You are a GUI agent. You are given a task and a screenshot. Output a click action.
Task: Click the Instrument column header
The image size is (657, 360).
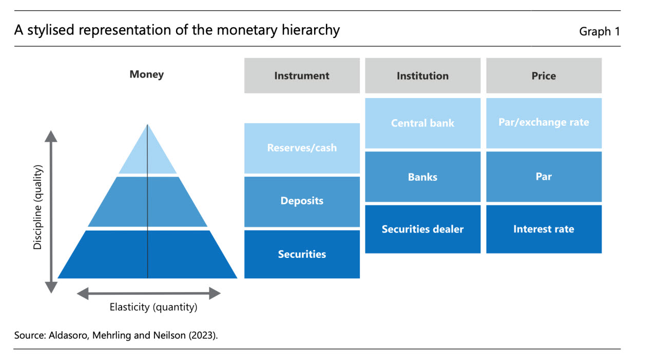pyautogui.click(x=302, y=75)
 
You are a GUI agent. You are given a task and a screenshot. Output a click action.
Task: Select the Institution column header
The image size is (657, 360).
pyautogui.click(x=422, y=75)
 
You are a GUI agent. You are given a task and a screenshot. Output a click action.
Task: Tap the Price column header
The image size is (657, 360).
pyautogui.click(x=544, y=75)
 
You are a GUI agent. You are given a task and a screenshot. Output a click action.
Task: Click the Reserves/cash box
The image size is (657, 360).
pyautogui.click(x=302, y=148)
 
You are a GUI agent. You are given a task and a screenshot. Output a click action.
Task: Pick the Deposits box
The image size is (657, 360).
pyautogui.click(x=302, y=201)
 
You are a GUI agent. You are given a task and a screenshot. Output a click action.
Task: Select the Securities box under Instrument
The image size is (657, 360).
pyautogui.click(x=302, y=254)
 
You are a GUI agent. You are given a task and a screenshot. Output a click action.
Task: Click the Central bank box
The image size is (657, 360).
pyautogui.click(x=422, y=123)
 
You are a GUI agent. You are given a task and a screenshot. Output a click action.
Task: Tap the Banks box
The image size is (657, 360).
pyautogui.click(x=422, y=177)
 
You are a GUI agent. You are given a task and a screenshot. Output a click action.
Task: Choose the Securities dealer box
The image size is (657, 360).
pyautogui.click(x=422, y=229)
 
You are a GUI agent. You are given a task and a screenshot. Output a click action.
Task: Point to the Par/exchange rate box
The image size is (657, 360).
pyautogui.click(x=544, y=123)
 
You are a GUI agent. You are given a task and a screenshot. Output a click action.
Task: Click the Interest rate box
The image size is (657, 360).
pyautogui.click(x=544, y=229)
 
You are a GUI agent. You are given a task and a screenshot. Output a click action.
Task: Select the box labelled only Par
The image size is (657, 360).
pyautogui.click(x=544, y=177)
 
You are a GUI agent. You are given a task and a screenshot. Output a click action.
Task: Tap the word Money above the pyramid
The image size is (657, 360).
pyautogui.click(x=147, y=74)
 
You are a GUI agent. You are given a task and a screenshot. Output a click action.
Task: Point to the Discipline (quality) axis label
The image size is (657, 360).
pyautogui.click(x=37, y=207)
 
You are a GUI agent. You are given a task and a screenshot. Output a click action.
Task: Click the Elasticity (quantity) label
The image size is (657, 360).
pyautogui.click(x=153, y=307)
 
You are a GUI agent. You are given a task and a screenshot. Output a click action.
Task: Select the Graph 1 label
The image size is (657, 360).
pyautogui.click(x=600, y=31)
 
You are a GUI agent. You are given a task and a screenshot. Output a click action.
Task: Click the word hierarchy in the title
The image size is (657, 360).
pyautogui.click(x=311, y=30)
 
